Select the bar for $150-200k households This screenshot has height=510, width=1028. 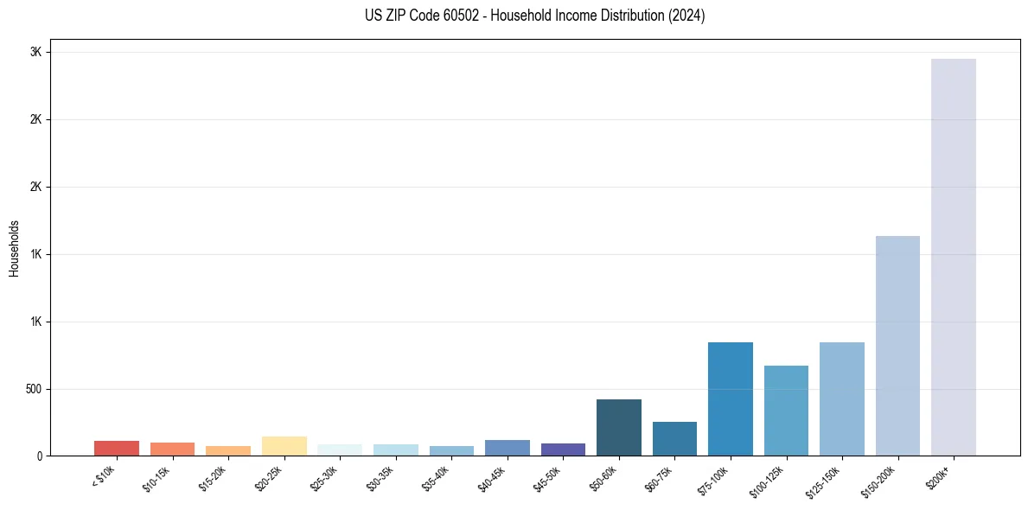[x=897, y=346]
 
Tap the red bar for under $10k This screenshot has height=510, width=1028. [x=117, y=449]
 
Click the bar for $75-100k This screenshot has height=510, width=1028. [x=731, y=398]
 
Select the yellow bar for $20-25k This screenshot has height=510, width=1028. [x=284, y=446]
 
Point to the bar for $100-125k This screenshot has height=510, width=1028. [x=786, y=411]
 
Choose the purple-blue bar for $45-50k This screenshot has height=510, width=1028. [x=563, y=449]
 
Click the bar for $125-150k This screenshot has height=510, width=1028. [x=842, y=398]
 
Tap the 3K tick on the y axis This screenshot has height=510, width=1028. [x=35, y=52]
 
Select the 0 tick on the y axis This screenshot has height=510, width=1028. [x=39, y=456]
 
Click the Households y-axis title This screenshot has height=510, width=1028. [x=14, y=248]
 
